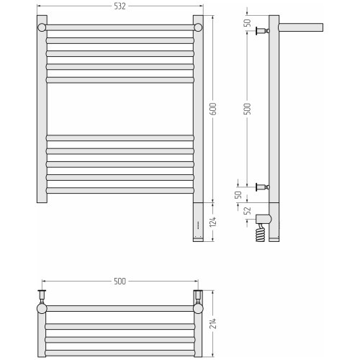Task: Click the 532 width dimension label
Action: (x=120, y=6)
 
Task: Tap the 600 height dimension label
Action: (x=213, y=109)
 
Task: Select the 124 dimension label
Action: (x=213, y=222)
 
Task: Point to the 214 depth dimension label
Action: (x=213, y=323)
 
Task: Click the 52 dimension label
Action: (x=247, y=211)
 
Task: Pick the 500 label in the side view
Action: (x=247, y=109)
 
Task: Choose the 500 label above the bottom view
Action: (x=120, y=281)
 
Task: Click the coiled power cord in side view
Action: (x=261, y=233)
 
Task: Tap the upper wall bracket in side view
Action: (x=263, y=31)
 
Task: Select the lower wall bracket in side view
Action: (x=263, y=186)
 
